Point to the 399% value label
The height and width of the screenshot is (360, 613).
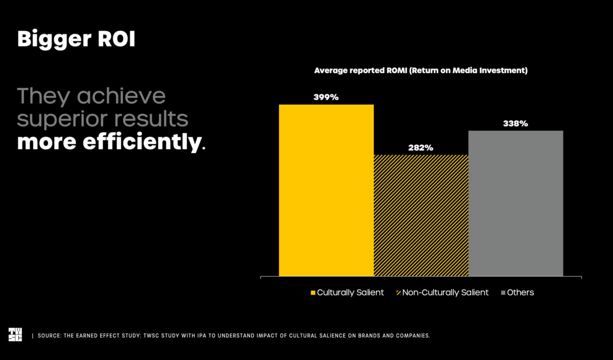coord(326,97)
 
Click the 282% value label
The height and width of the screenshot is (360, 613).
coord(420,148)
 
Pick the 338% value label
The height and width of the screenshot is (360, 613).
coord(515,124)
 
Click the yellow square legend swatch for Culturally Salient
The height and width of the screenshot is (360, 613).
coord(313,293)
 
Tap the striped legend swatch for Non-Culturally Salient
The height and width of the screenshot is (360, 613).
coord(398,293)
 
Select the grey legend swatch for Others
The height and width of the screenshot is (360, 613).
coord(503,293)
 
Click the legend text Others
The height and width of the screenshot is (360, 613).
coord(521,293)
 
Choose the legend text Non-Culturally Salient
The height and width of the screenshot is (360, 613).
coord(445,293)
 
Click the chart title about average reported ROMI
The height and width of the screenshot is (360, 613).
coord(420,70)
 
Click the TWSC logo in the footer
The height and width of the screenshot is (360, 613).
coord(15,334)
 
